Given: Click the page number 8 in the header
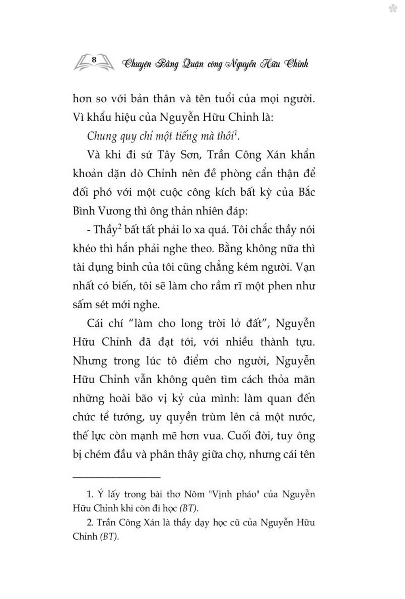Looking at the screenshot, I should [x=94, y=59].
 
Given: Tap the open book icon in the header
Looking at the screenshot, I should [x=94, y=63].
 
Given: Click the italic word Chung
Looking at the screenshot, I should [x=102, y=136].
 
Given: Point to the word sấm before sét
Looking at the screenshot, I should [x=83, y=304].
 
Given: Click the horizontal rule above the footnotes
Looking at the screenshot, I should [x=117, y=478].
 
